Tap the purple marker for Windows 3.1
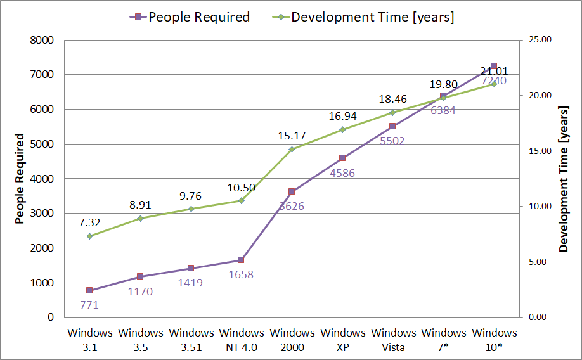89,290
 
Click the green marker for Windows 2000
292,150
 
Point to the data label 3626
292,206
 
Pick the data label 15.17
292,136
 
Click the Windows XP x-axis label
342,340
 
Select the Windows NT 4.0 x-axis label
241,340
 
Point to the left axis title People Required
20,179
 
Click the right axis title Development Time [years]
563,179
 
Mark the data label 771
89,305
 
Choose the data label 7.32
89,222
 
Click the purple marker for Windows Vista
392,126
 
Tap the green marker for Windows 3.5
140,219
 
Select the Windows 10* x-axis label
494,340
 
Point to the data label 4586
342,172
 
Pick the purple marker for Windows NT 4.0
241,260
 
